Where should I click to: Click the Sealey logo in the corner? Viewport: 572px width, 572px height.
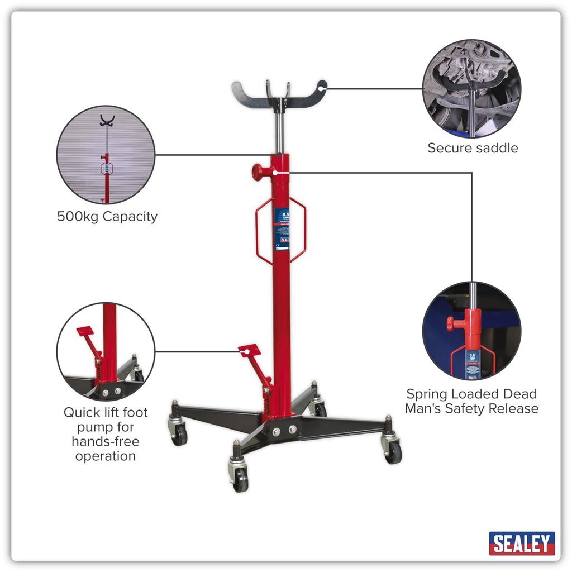click(522, 543)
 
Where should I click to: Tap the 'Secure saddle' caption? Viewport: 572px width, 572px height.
click(473, 148)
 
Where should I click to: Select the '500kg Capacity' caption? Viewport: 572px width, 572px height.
click(107, 216)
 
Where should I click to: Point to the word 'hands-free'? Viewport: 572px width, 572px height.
click(106, 441)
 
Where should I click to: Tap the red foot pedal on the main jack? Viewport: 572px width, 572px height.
click(249, 350)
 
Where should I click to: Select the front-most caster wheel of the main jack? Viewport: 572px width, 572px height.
click(240, 480)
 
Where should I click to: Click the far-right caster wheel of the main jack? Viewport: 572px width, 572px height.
click(393, 451)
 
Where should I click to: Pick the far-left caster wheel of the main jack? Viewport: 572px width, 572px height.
click(179, 435)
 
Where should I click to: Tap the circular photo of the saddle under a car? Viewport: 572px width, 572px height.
click(471, 88)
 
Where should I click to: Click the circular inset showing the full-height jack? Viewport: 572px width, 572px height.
click(106, 155)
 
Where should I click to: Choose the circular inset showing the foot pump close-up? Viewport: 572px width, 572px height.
click(106, 351)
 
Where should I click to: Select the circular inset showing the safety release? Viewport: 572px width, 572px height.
click(471, 331)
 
